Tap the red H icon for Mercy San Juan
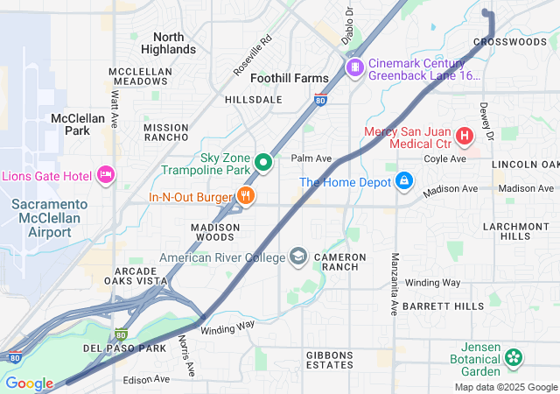(463, 136)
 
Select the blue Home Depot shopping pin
(404, 181)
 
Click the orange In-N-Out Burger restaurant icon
(246, 196)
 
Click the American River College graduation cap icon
(298, 257)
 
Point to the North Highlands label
(174, 43)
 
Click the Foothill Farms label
(290, 78)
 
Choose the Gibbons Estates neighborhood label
(317, 358)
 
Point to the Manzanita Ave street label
(394, 284)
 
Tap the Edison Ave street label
(146, 379)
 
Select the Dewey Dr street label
(486, 122)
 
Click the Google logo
(29, 383)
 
